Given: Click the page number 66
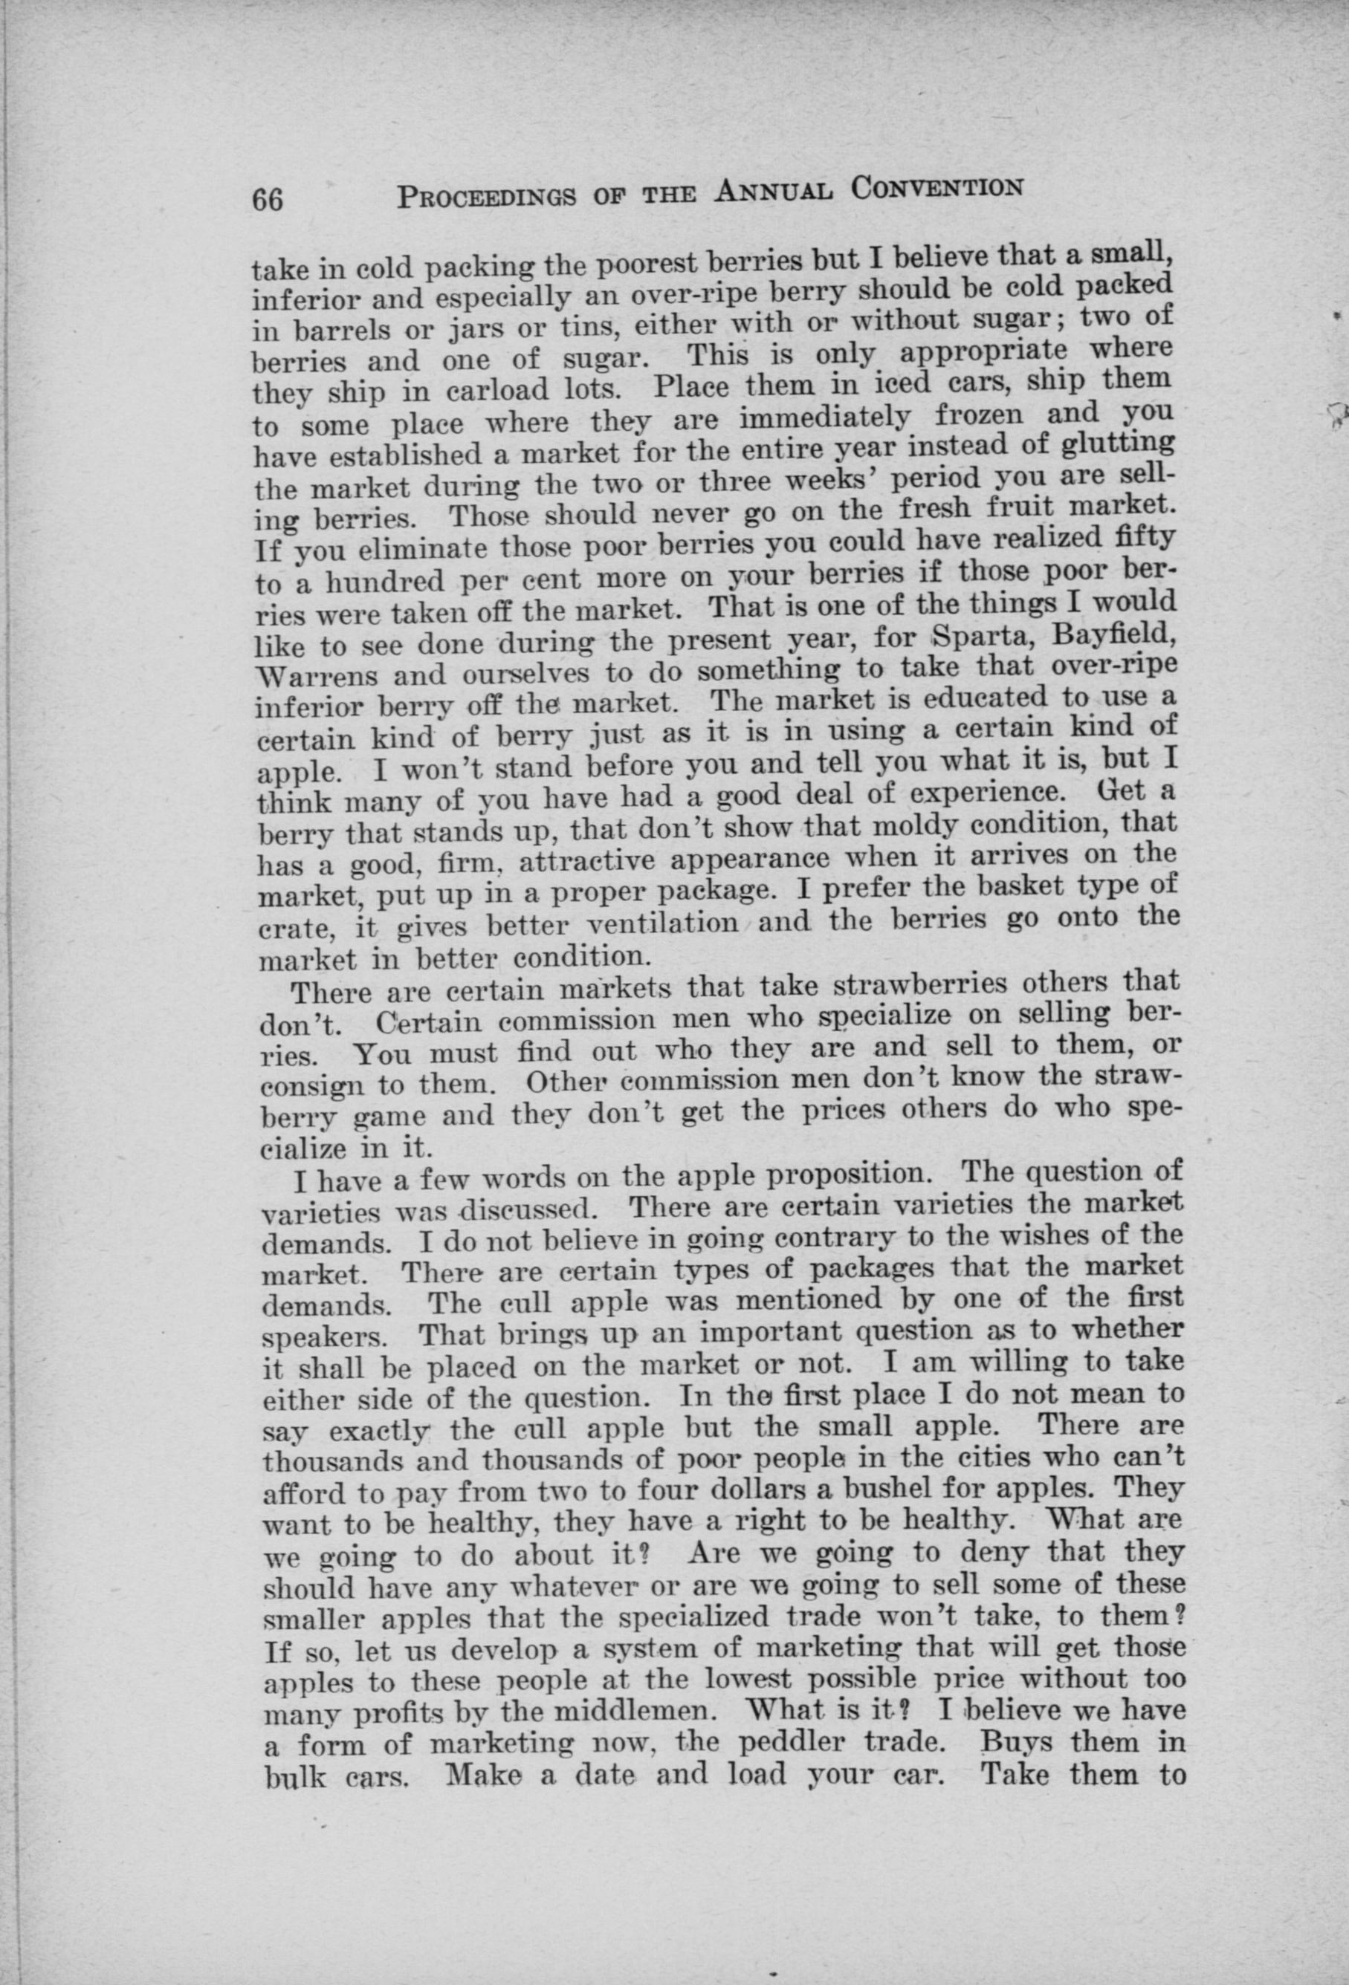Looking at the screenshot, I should pyautogui.click(x=267, y=200).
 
